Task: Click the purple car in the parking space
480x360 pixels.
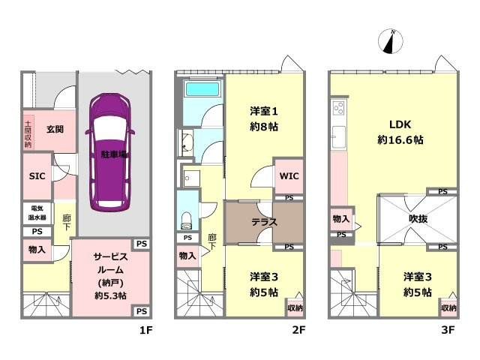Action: [x=110, y=151]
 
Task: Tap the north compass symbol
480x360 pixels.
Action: [x=391, y=41]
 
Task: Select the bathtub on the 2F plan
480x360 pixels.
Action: [x=202, y=88]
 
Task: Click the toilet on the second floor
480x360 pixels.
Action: [x=186, y=220]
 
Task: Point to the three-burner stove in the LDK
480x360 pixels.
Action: [x=339, y=108]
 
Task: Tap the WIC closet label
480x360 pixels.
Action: [x=289, y=176]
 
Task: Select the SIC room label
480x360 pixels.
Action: [x=37, y=176]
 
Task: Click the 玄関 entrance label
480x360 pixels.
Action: [x=55, y=129]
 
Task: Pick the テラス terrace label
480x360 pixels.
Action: [x=265, y=222]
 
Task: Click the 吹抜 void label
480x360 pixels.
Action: [x=418, y=219]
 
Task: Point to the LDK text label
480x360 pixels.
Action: [x=400, y=124]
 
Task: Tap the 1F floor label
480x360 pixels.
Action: [x=145, y=330]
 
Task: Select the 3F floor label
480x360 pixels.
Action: [x=448, y=330]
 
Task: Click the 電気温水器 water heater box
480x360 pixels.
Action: [x=37, y=213]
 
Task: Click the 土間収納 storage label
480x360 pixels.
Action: [x=28, y=134]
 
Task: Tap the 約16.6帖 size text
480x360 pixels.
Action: [x=400, y=140]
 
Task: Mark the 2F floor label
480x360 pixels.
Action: [x=298, y=330]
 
